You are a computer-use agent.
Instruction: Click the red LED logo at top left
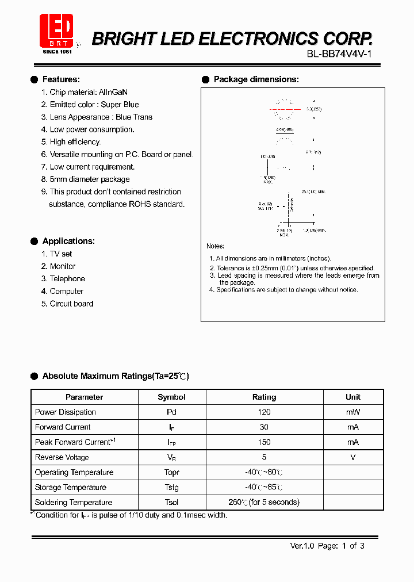point(56,30)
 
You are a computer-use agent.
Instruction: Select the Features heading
point(61,79)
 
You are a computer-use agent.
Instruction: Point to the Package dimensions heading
point(256,79)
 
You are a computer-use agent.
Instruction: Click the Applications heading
point(68,241)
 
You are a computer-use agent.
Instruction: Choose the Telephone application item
point(67,279)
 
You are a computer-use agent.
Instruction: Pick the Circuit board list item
point(71,304)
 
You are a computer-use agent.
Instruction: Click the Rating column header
point(264,397)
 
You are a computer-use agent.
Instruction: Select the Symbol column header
point(171,397)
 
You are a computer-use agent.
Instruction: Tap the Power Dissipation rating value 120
point(264,412)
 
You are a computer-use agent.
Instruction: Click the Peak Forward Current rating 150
point(264,442)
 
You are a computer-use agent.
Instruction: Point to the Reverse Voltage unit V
point(353,457)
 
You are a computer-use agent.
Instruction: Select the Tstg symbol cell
point(171,487)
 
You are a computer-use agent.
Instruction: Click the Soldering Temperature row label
point(74,502)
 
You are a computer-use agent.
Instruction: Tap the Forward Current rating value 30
point(264,427)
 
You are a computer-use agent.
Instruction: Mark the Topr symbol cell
point(171,472)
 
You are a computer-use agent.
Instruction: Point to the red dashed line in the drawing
point(285,109)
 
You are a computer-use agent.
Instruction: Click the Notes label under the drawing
point(215,246)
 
